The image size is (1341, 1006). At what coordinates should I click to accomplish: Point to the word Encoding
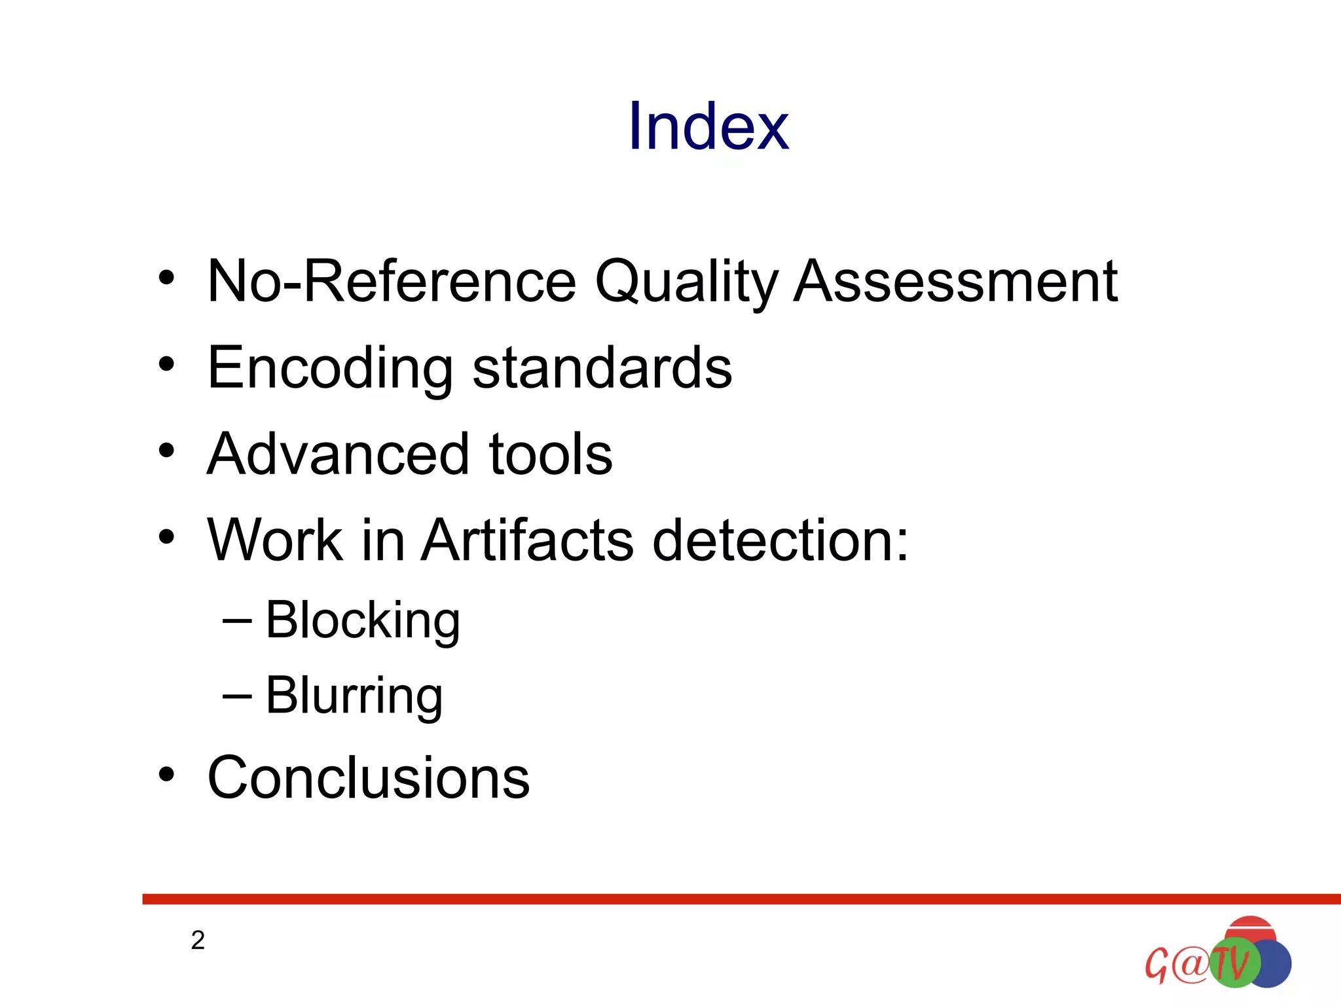point(330,368)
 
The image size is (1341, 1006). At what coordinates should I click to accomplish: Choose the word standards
point(602,368)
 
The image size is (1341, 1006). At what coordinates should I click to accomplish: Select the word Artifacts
point(528,540)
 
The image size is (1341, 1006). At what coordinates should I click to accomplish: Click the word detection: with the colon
point(781,540)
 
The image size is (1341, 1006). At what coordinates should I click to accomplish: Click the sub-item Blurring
point(354,696)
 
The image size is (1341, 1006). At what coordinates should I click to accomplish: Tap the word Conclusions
point(368,777)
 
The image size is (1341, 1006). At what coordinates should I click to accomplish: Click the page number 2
point(198,941)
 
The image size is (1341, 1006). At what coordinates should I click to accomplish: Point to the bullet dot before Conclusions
point(166,774)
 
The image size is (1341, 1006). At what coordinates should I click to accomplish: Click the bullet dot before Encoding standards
point(166,363)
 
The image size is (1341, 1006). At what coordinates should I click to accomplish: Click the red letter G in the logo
point(1156,965)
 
